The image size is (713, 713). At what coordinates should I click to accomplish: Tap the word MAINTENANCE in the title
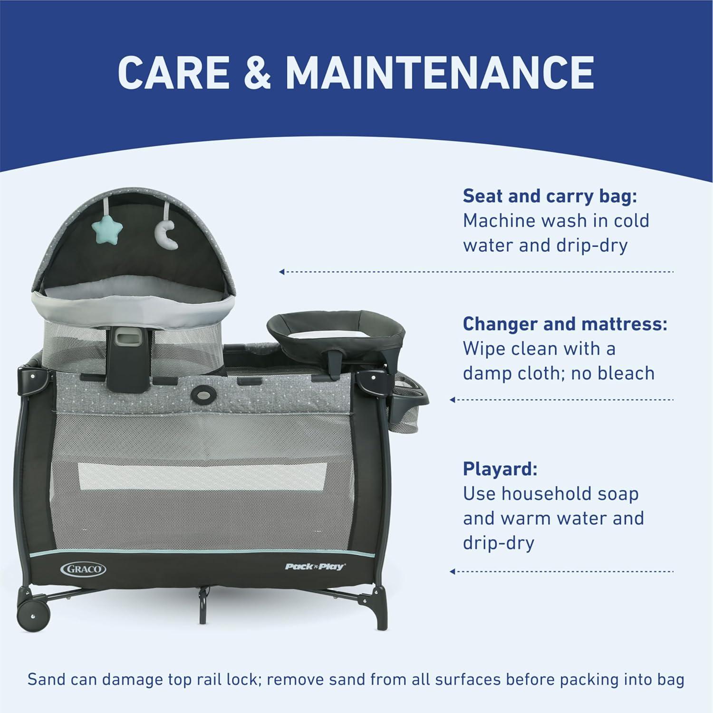coord(440,72)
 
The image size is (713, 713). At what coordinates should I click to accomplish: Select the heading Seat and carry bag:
coord(549,196)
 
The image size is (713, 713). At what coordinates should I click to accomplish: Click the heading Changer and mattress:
coord(565,324)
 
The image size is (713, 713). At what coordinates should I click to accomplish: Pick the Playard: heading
coord(500,469)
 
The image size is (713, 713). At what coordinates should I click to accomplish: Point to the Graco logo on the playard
coord(84,568)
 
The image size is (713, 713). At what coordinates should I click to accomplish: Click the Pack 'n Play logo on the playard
coord(315,566)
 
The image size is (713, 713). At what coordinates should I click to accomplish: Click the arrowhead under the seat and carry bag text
coord(282,272)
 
